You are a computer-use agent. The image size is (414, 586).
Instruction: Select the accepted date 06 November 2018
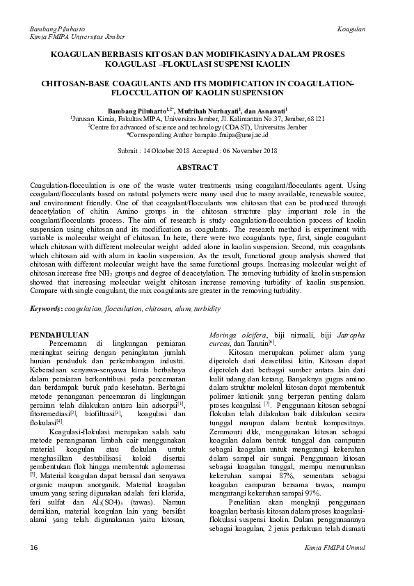pyautogui.click(x=253, y=150)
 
